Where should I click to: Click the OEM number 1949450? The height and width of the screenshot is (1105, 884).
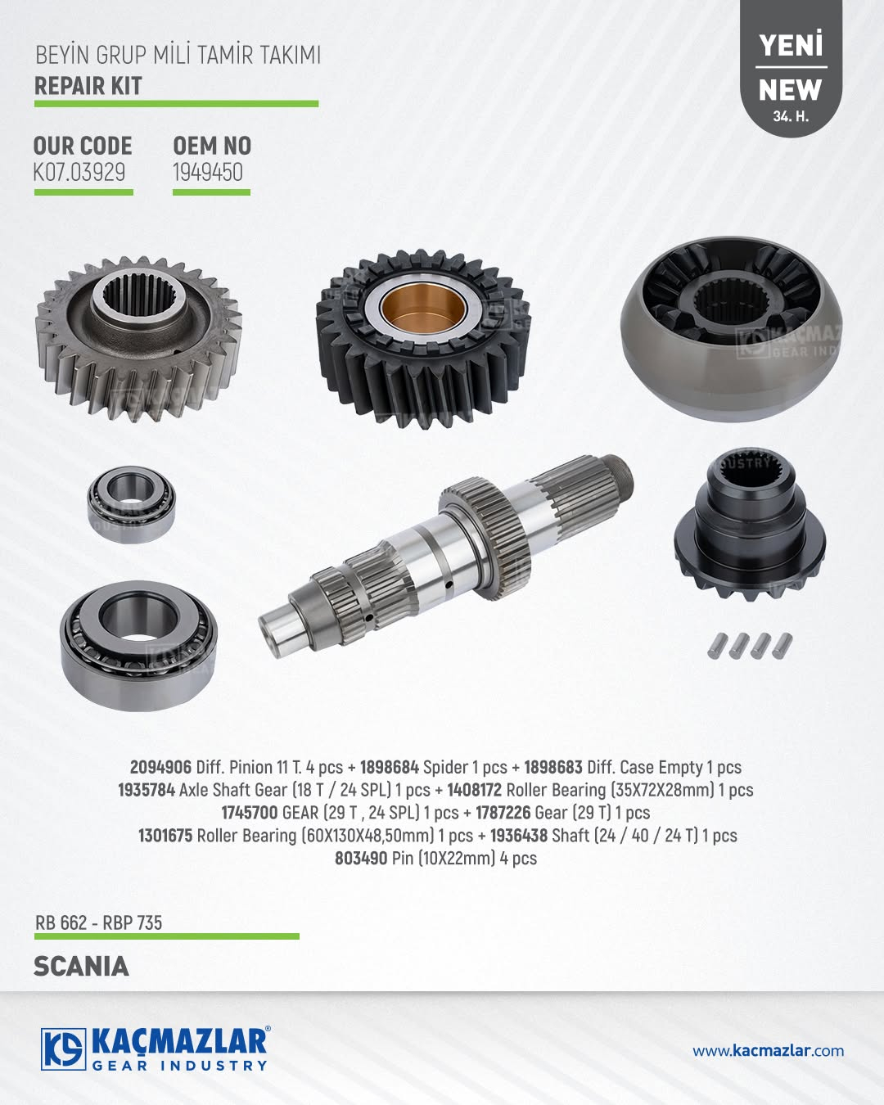(x=208, y=173)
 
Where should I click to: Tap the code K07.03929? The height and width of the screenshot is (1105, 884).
(x=79, y=173)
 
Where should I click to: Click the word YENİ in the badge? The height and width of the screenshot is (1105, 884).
(x=791, y=45)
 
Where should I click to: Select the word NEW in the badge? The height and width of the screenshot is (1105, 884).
(x=790, y=90)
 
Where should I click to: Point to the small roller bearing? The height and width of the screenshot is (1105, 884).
(x=131, y=503)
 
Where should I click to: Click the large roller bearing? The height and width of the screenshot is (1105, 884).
(x=138, y=645)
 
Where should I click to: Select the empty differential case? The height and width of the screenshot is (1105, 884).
(x=732, y=328)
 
